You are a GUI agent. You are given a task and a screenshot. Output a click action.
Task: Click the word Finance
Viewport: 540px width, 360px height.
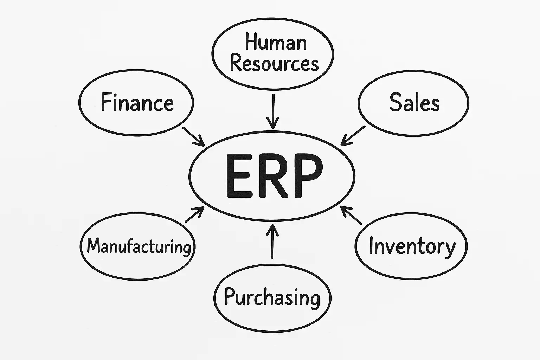click(137, 102)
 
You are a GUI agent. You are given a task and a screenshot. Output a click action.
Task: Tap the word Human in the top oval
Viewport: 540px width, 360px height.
click(276, 42)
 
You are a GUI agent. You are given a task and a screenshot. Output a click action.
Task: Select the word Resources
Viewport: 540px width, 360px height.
click(274, 64)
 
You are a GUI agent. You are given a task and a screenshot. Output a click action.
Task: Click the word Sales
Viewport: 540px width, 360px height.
click(414, 102)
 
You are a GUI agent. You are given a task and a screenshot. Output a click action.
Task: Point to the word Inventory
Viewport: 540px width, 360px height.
click(412, 246)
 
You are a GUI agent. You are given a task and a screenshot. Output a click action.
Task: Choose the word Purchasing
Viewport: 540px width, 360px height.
click(272, 297)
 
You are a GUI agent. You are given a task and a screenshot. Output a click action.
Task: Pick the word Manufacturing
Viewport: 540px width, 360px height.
click(139, 246)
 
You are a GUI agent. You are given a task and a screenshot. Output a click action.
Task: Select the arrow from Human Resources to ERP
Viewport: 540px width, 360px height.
click(272, 111)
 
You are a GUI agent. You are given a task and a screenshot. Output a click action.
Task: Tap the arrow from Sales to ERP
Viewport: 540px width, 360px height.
click(353, 135)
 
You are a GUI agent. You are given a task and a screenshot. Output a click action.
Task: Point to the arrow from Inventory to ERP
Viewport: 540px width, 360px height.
click(352, 216)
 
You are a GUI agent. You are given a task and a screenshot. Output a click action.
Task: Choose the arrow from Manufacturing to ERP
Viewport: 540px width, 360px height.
click(194, 214)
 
